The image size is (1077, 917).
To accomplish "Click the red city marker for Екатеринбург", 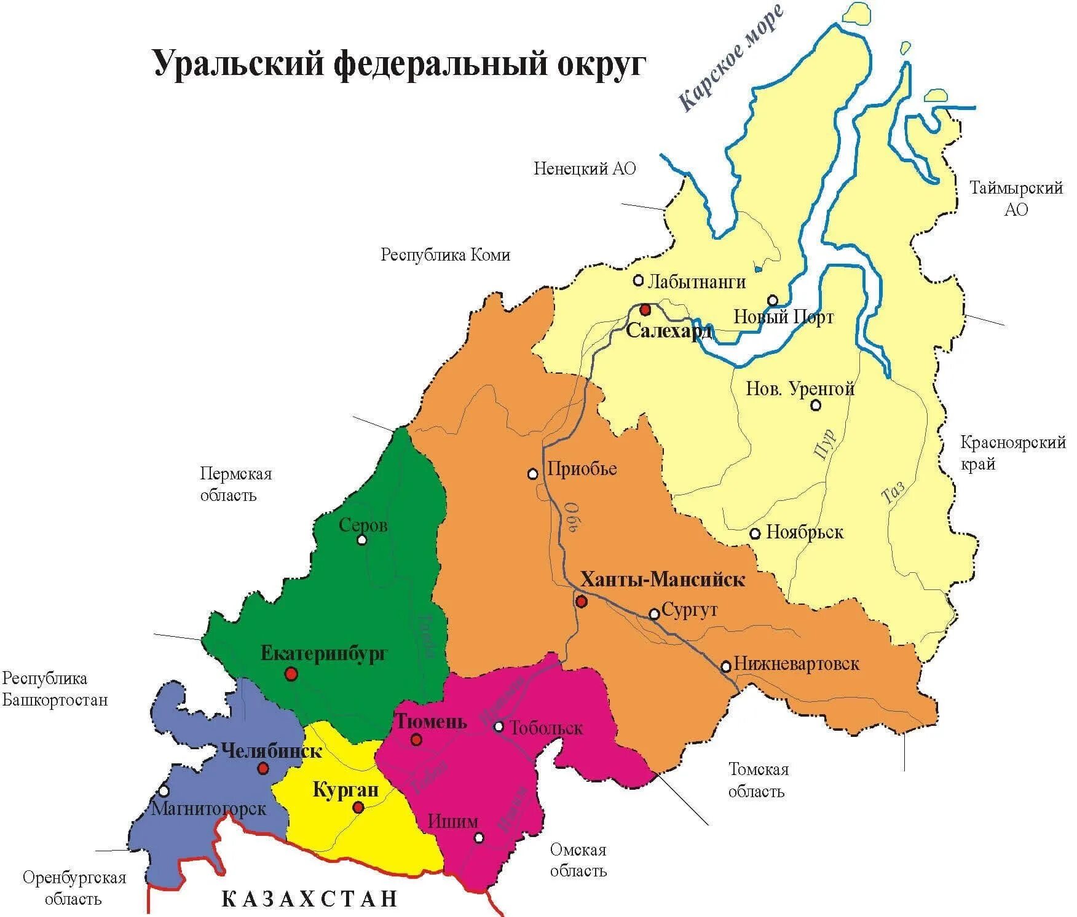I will click(x=291, y=674).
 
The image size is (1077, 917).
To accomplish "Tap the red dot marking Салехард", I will click(x=645, y=309).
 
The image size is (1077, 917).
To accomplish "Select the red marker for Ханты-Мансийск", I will click(x=581, y=601).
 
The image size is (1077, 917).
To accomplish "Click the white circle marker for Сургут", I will click(x=655, y=613).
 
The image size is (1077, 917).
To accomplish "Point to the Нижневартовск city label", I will click(x=796, y=664).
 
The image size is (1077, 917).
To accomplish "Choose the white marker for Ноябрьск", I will click(x=755, y=533).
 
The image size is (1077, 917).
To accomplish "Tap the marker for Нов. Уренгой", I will click(x=816, y=405).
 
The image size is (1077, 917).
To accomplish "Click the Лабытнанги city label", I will click(x=697, y=282).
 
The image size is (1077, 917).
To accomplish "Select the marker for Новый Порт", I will click(x=773, y=300).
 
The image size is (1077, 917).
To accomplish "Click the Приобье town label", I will click(x=582, y=469).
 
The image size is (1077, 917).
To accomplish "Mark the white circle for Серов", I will click(x=362, y=540).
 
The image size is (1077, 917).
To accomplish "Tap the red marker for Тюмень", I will click(x=417, y=740).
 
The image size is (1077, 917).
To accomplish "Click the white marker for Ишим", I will click(x=479, y=838).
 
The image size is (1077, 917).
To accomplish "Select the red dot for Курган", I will click(x=358, y=808).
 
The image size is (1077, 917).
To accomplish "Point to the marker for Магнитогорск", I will click(x=163, y=791).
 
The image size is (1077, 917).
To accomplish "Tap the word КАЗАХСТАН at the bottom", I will click(x=310, y=899).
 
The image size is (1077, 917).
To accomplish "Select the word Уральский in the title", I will click(x=239, y=64).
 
